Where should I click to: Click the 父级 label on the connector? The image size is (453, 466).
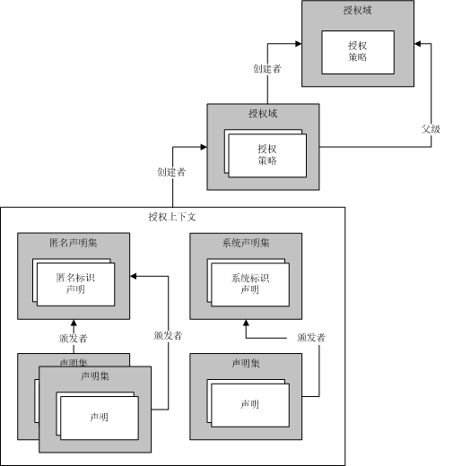pos(432,128)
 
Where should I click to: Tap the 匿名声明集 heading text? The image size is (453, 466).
pos(74,242)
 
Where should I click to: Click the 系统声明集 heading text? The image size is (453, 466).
pos(246,242)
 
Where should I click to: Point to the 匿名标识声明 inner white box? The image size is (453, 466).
pos(75,283)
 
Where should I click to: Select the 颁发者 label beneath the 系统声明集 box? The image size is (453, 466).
pos(310,338)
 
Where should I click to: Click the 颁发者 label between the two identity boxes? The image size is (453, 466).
pos(168,335)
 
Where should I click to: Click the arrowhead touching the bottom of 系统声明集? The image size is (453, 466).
pos(246,324)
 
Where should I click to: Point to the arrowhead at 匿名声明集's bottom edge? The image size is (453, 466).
pos(74,324)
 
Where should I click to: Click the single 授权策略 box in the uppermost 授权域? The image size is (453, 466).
pos(358,51)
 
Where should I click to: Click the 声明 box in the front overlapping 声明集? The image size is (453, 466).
pos(99,417)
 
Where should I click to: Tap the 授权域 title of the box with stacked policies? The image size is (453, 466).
pos(263,113)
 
